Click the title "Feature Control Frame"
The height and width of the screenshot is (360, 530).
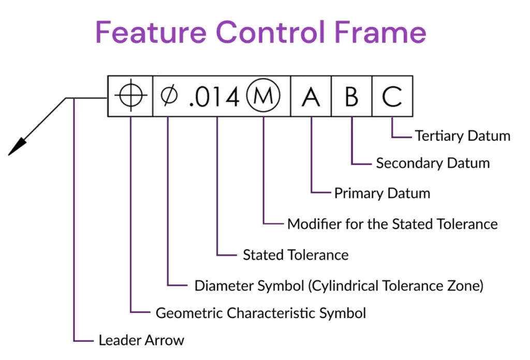tap(260, 32)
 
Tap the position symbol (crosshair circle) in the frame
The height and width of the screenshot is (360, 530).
tap(130, 96)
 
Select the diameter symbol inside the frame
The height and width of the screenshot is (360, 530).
tap(168, 96)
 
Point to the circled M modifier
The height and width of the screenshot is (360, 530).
tap(263, 96)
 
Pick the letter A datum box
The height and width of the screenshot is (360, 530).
tap(311, 96)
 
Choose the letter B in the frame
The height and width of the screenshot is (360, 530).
tap(351, 96)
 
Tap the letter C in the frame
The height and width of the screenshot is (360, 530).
tap(392, 96)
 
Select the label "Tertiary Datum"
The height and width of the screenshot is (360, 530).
tap(462, 136)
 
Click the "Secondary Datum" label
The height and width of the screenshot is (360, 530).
tap(433, 164)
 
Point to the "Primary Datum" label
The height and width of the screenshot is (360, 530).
tap(382, 194)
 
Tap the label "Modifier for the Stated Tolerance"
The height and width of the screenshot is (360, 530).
tap(392, 224)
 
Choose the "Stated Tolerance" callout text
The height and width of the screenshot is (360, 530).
tap(296, 255)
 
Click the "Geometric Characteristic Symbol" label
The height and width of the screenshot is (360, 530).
tap(261, 313)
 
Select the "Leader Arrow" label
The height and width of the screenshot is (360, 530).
tap(141, 340)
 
